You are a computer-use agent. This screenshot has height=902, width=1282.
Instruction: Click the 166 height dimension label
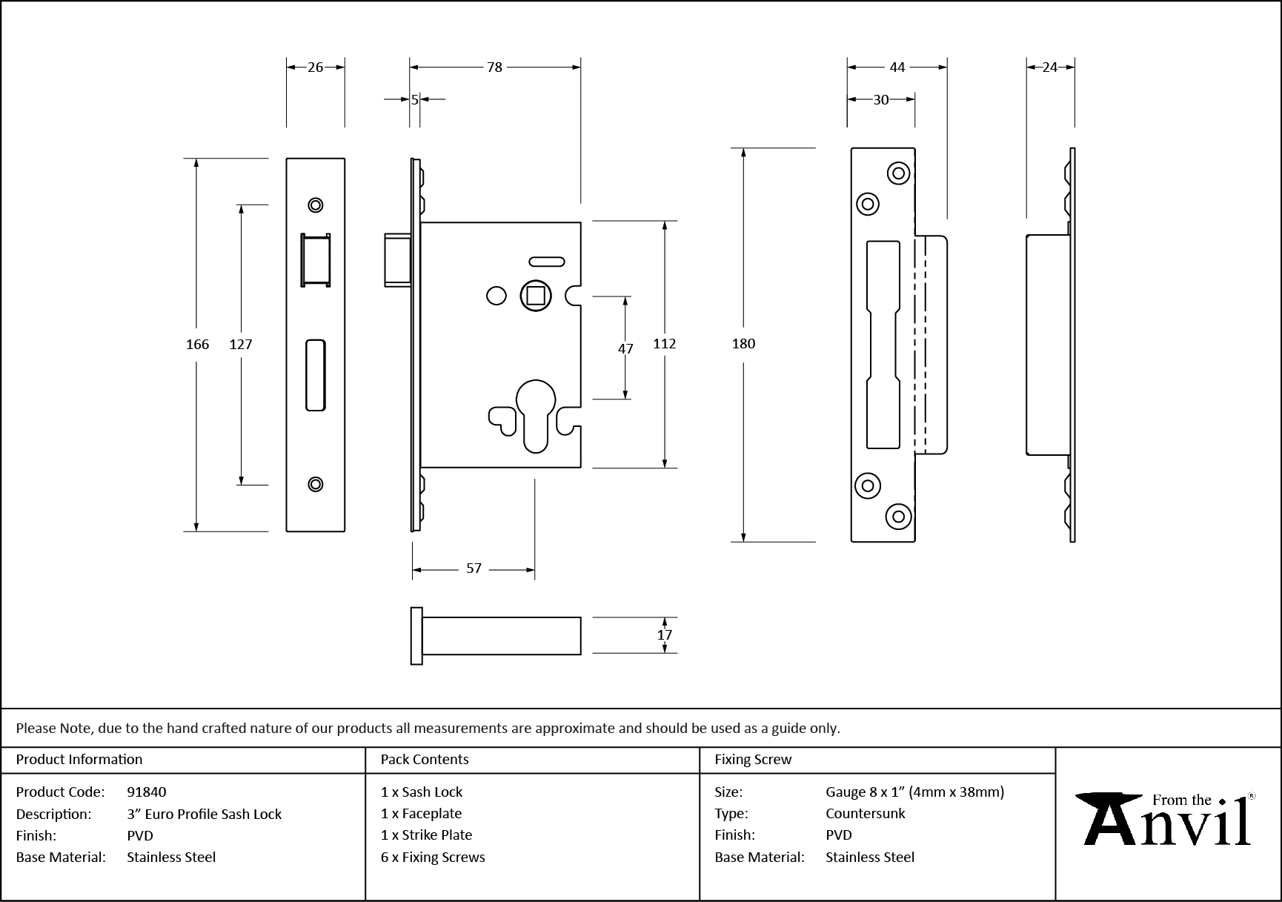197,344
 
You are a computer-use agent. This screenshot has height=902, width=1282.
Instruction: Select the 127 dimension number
241,344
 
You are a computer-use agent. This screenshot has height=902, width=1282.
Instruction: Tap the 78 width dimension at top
494,67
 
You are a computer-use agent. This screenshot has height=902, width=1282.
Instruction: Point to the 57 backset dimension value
474,568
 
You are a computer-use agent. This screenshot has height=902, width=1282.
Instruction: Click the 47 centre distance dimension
625,348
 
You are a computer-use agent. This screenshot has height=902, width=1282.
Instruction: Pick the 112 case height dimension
665,343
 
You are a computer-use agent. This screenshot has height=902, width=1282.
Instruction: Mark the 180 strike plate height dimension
743,343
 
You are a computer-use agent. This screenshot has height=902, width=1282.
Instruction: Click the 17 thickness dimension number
665,635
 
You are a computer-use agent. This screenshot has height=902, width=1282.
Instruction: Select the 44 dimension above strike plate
897,67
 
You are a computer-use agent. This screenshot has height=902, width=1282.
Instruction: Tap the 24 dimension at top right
1050,67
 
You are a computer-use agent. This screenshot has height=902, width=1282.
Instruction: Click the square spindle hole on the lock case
536,296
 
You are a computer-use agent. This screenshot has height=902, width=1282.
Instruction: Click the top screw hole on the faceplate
316,205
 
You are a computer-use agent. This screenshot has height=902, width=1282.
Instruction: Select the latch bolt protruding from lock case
397,259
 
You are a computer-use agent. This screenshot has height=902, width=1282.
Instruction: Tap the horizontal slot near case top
546,262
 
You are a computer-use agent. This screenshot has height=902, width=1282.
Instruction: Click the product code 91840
147,792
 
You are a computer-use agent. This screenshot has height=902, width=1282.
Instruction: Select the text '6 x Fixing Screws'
433,857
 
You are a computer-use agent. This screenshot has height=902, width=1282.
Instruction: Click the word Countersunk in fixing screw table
866,813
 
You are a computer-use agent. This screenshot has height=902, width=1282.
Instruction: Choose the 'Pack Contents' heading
425,759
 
